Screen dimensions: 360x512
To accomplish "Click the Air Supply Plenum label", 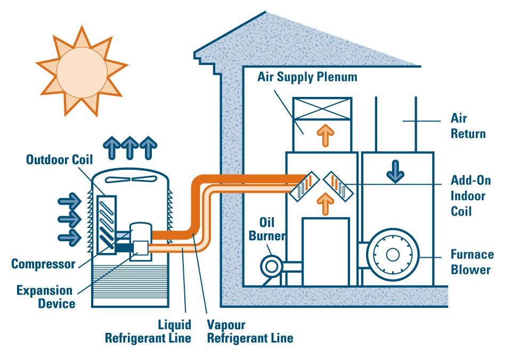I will pos(307,77).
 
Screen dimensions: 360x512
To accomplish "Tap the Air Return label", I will pos(468,125).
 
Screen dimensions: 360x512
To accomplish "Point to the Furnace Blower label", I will pos(472,261).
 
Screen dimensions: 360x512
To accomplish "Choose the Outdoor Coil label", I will pos(59,159).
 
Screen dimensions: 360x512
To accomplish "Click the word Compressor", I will pos(43,264).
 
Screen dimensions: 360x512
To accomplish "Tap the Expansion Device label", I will pos(44,297).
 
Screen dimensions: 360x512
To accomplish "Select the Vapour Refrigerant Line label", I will pos(250,331).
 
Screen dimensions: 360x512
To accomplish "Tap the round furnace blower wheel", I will pos(393,255).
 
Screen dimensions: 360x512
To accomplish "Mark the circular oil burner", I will pos(270,264).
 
